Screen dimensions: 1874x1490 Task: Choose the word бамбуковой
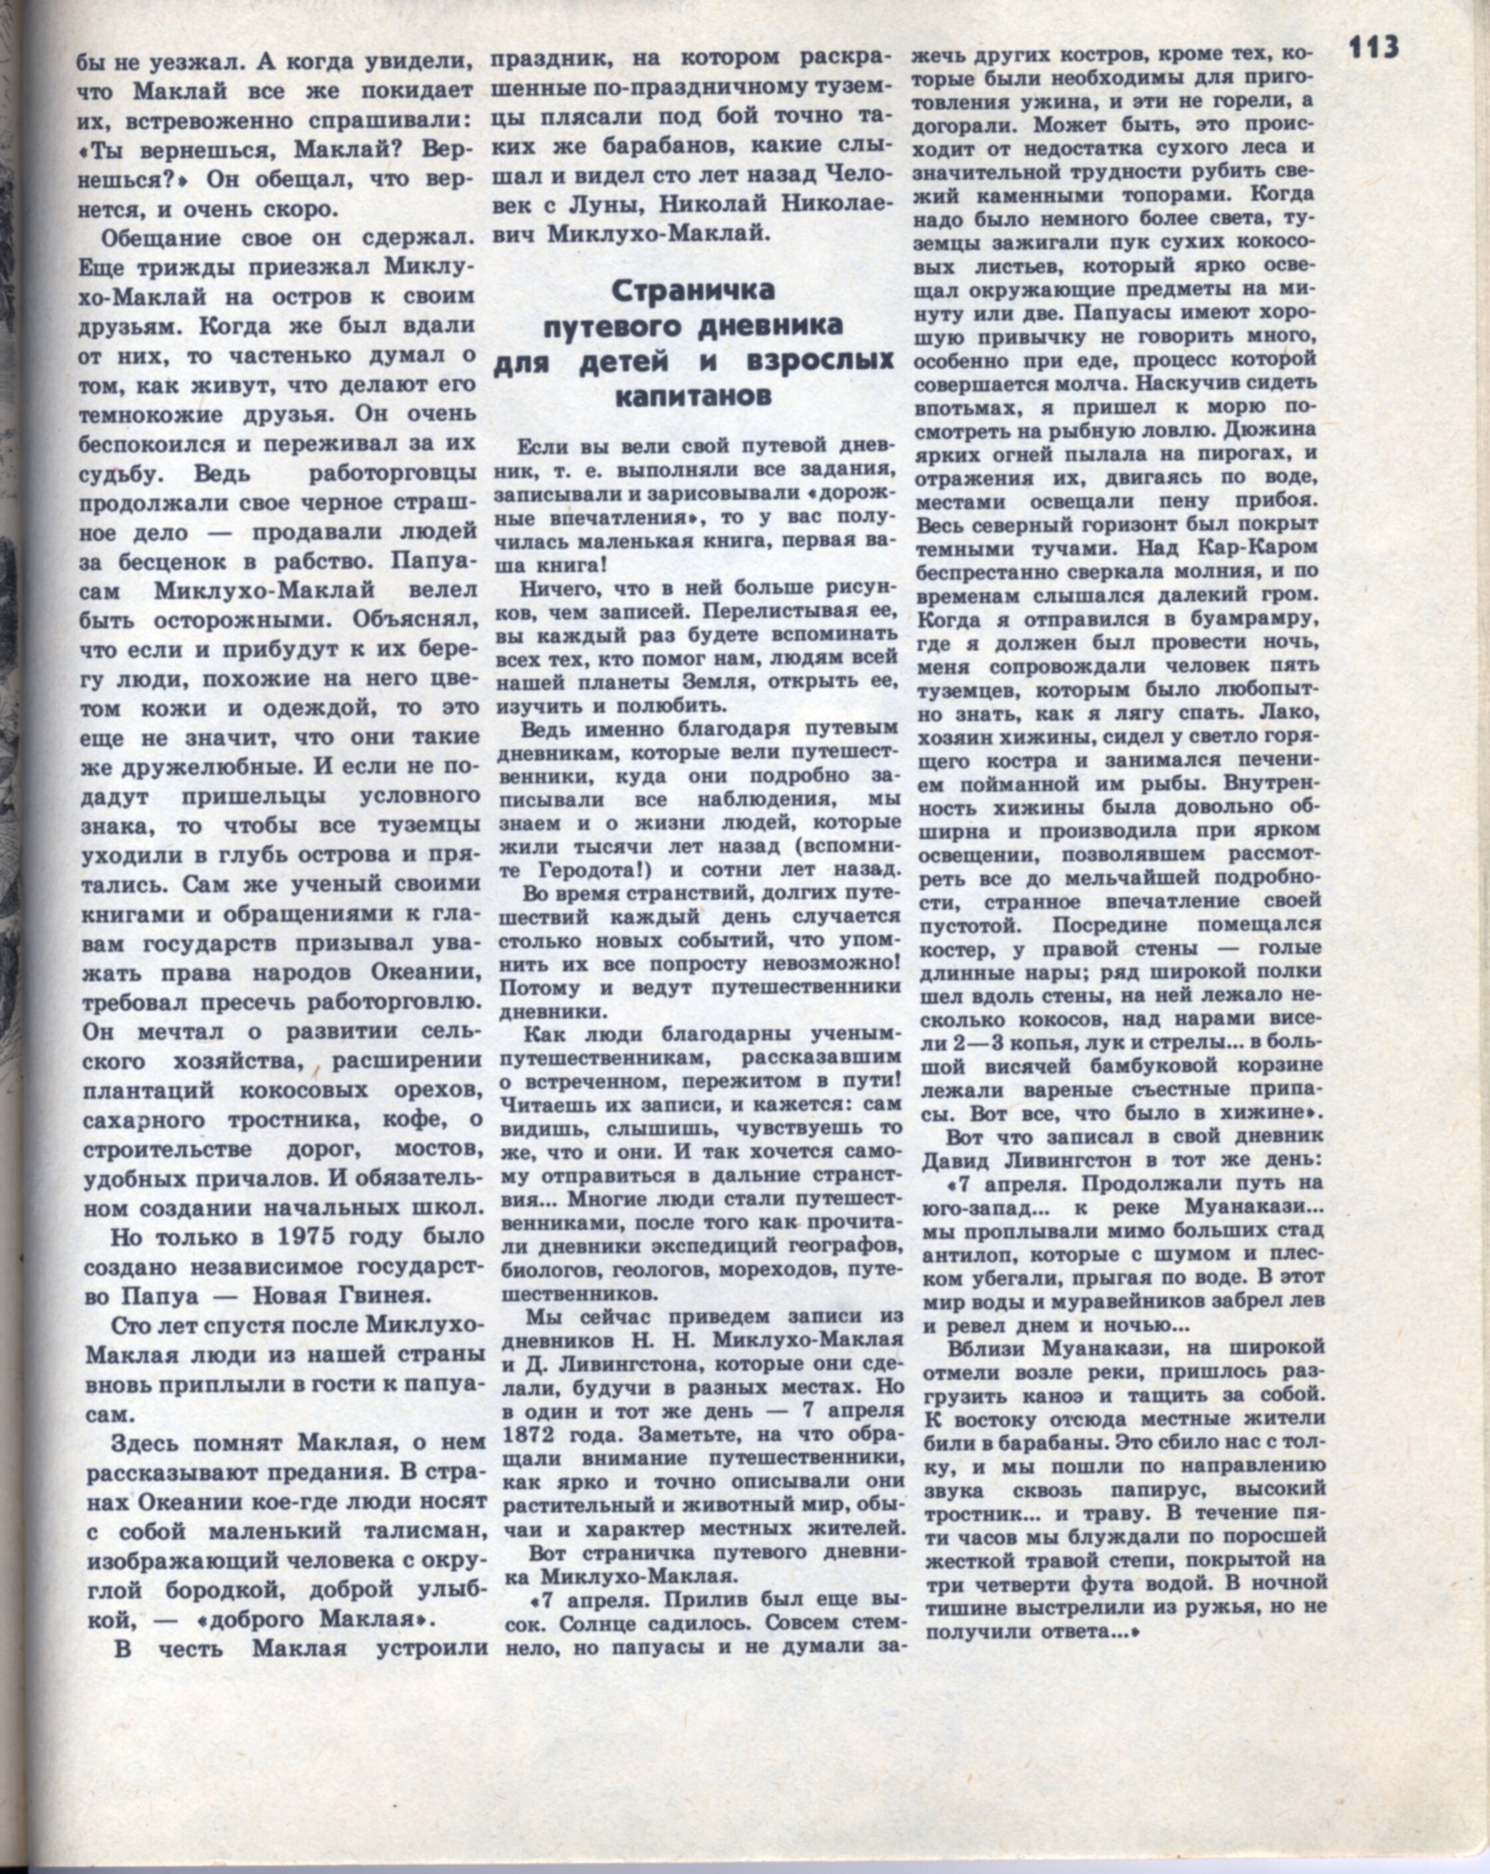[x=1184, y=1065]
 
